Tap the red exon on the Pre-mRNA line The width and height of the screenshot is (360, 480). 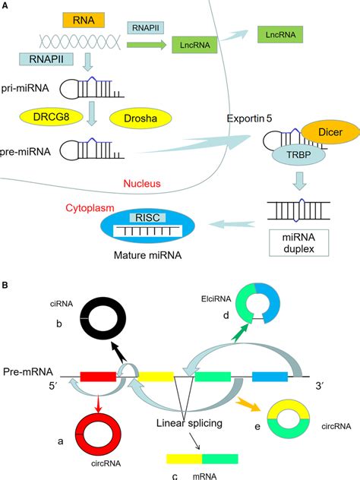(98, 374)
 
